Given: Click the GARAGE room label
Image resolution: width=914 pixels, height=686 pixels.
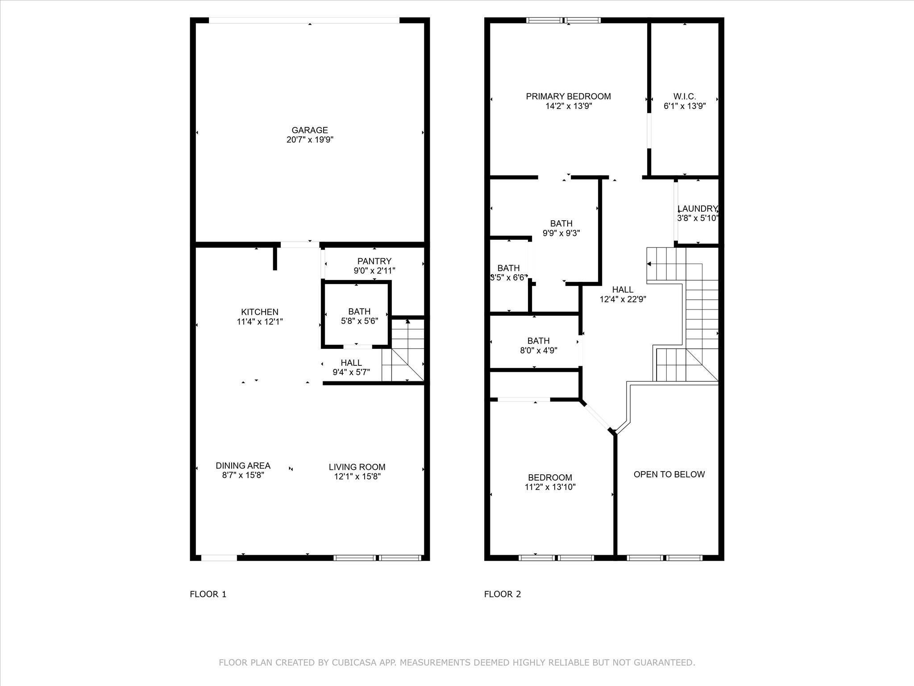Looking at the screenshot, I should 310,130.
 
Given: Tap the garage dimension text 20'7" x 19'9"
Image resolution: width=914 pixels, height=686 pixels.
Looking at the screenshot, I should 310,140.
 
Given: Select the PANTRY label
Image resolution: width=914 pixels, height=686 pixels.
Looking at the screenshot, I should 374,261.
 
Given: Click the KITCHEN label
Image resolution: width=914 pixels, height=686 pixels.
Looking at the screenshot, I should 259,312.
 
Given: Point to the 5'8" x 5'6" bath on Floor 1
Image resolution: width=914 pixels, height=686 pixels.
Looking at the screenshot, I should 359,316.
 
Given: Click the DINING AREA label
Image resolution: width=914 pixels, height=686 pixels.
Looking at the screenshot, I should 243,466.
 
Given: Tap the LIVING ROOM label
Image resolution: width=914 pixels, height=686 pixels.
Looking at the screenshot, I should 357,467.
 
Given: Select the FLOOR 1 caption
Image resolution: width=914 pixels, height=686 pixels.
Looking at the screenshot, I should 208,594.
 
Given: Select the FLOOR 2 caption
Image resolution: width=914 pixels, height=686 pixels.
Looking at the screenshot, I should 503,594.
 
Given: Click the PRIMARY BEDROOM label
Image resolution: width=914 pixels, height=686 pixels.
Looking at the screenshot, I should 568,96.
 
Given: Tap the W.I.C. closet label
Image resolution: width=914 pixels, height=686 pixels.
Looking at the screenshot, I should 684,96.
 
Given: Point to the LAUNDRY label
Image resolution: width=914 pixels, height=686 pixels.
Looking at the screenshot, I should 697,209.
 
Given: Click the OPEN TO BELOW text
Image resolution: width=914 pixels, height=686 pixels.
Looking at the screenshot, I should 669,474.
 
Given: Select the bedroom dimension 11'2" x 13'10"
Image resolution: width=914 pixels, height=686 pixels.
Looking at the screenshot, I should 550,487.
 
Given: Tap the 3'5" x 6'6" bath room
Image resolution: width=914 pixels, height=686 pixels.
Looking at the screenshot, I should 508,272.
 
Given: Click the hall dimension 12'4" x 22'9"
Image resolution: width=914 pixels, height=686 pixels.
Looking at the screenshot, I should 623,299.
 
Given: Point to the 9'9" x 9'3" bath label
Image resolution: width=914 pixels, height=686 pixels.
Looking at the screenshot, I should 561,228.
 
